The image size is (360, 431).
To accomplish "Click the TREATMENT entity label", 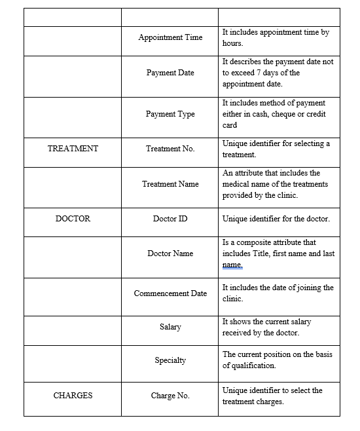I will pyautogui.click(x=73, y=149).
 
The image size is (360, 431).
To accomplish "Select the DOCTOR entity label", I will pyautogui.click(x=73, y=219).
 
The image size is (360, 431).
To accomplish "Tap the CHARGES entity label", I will pyautogui.click(x=73, y=396).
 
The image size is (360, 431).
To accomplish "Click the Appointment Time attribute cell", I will pyautogui.click(x=170, y=37).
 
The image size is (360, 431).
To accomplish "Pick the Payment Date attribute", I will pyautogui.click(x=170, y=73).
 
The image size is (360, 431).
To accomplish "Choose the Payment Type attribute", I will pyautogui.click(x=170, y=114).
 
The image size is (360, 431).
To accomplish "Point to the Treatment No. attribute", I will pyautogui.click(x=170, y=149).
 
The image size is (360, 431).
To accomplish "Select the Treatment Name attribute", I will pyautogui.click(x=170, y=184).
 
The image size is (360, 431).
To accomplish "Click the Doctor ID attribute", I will pyautogui.click(x=170, y=219).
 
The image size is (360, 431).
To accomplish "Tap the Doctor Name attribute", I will pyautogui.click(x=170, y=253).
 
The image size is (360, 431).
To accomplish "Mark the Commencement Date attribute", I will pyautogui.click(x=170, y=293).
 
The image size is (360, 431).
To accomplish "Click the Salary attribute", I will pyautogui.click(x=170, y=327).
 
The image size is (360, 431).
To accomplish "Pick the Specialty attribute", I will pyautogui.click(x=170, y=360).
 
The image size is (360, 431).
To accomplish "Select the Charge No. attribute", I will pyautogui.click(x=170, y=396).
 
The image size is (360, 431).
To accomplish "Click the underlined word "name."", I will pyautogui.click(x=232, y=265).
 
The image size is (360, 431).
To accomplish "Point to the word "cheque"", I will pyautogui.click(x=282, y=114).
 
